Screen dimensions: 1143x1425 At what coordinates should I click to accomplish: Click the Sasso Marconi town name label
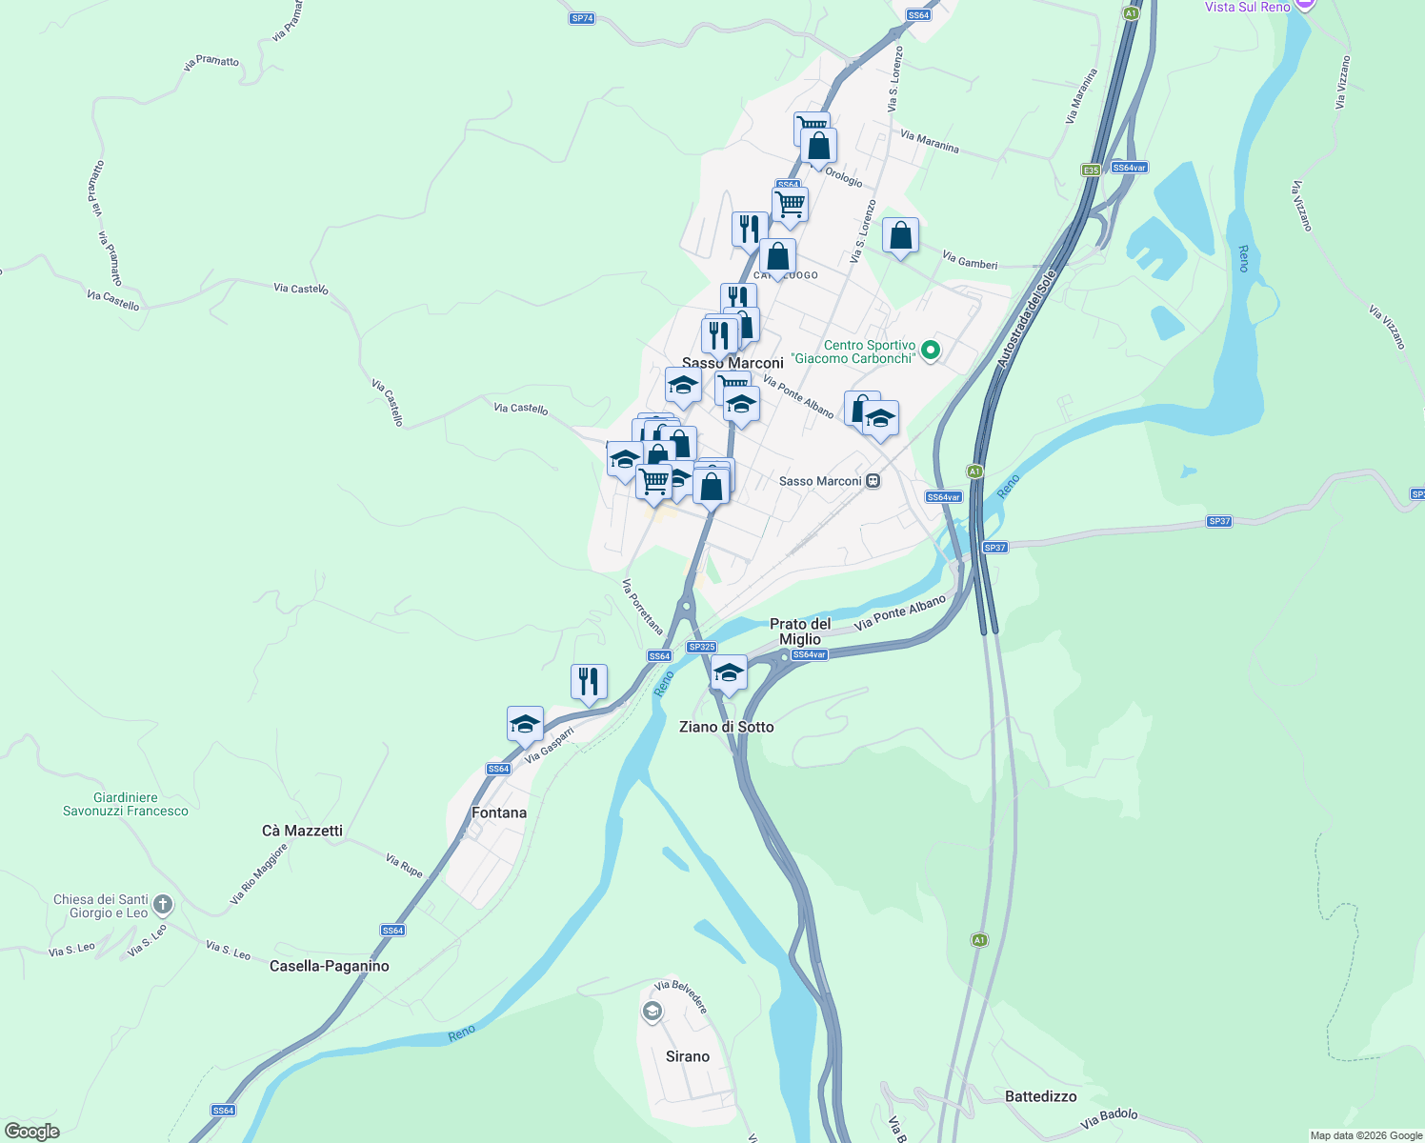point(733,363)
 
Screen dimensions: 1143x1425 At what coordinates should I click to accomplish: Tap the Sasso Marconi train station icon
point(873,481)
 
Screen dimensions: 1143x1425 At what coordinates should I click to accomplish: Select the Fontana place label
point(499,812)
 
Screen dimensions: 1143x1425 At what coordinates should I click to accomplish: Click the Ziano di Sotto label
point(726,727)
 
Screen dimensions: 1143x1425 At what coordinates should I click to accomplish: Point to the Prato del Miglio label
point(800,632)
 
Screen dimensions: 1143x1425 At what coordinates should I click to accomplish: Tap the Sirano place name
point(688,1056)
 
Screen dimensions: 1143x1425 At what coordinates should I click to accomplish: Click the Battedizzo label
point(1040,1096)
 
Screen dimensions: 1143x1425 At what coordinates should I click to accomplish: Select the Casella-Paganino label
point(330,966)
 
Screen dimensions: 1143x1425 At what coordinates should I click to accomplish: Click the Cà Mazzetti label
point(302,831)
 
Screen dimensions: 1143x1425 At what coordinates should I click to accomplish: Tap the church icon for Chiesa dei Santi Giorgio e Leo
point(163,905)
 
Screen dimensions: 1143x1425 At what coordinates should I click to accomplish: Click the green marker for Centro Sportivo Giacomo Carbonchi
point(931,351)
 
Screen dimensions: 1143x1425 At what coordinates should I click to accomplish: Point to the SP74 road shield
point(582,18)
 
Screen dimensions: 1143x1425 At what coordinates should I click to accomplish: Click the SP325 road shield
point(701,647)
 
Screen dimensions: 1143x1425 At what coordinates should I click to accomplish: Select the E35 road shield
point(1091,170)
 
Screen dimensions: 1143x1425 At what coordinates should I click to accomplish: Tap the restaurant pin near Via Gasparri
point(589,682)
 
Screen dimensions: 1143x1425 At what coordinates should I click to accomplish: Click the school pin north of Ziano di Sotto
point(729,673)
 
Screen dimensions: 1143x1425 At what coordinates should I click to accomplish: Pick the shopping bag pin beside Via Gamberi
point(900,235)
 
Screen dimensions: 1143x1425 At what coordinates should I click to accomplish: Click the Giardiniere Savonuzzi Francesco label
point(126,805)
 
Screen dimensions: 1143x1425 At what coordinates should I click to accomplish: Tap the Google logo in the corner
point(31,1132)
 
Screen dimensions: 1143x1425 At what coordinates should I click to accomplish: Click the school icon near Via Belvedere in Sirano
point(652,1012)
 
